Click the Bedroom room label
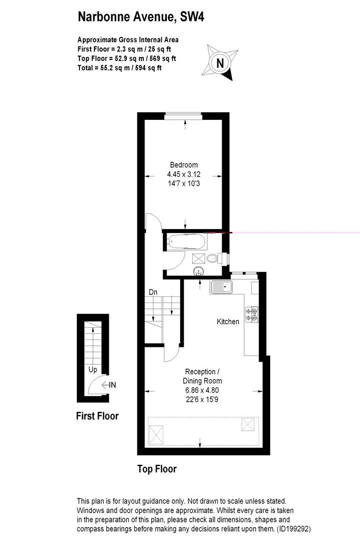click(184, 165)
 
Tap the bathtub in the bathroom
click(186, 242)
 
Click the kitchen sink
click(220, 287)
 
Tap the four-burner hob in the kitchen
click(252, 313)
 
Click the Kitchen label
click(228, 322)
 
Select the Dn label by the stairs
click(153, 292)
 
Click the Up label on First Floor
click(92, 370)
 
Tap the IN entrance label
click(112, 385)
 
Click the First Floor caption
click(97, 416)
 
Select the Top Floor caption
click(157, 469)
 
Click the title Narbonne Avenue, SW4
click(141, 17)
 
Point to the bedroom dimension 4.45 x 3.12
click(184, 174)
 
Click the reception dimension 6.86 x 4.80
click(202, 390)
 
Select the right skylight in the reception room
click(248, 424)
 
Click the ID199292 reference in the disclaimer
click(295, 528)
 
